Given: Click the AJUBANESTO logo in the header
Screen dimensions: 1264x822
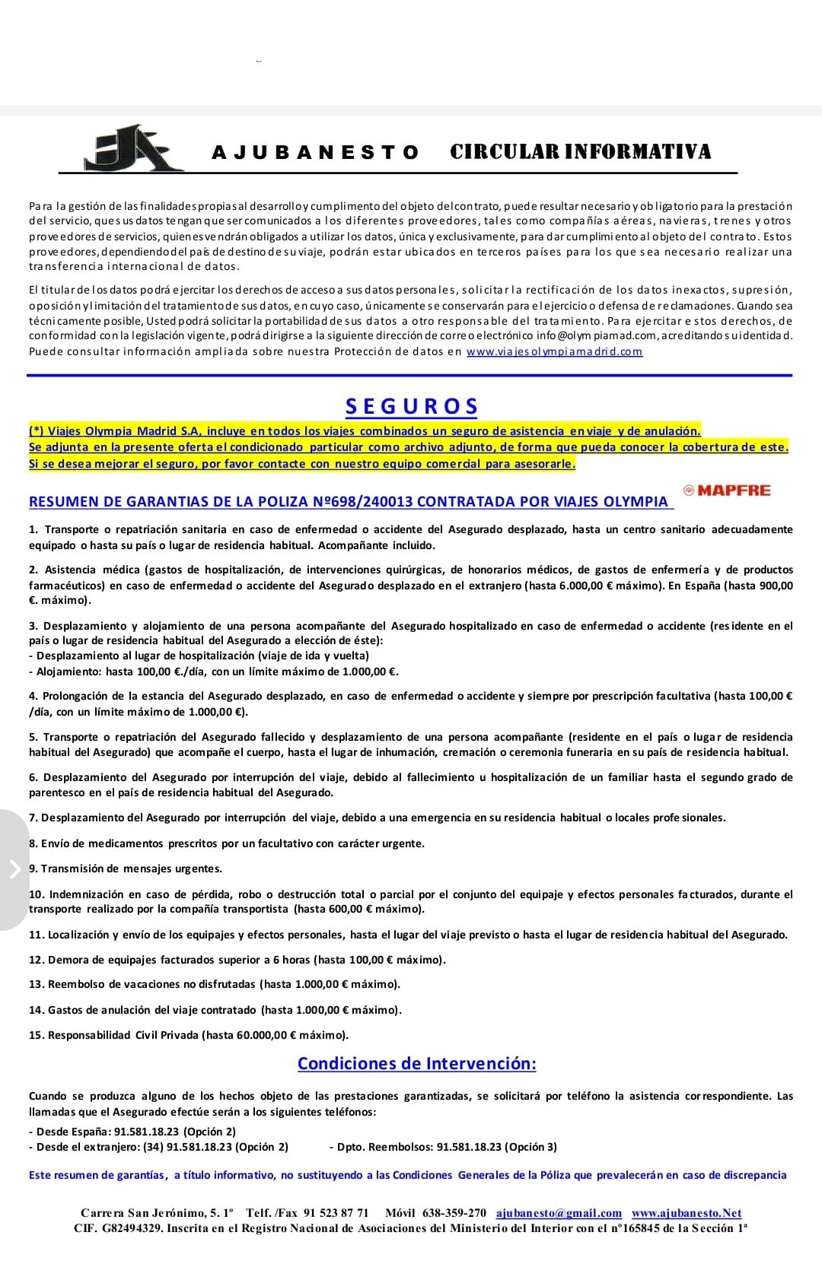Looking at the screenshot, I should point(132,148).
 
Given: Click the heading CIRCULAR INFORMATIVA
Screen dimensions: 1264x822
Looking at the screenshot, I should point(581,151).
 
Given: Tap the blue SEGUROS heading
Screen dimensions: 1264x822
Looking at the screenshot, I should point(412,406).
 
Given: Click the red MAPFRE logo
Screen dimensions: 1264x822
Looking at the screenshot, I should point(727,491).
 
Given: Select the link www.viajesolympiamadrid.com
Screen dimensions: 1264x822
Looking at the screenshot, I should point(554,351).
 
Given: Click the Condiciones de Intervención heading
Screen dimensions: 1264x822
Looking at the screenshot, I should point(416,1063).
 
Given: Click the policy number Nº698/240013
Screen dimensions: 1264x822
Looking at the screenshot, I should point(364,502).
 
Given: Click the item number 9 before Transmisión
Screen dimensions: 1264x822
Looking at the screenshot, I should point(33,869).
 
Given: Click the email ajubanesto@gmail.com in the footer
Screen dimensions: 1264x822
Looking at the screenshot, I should point(559,1213).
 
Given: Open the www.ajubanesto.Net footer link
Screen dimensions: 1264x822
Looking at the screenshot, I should point(686,1213).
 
